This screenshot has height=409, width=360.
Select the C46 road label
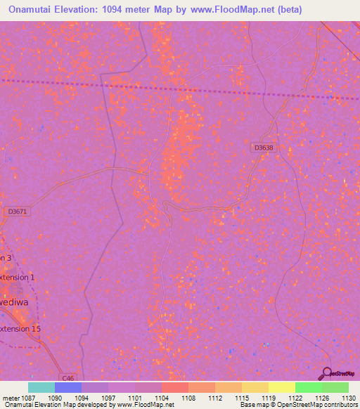pos(67,377)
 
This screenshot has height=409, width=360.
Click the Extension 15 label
pos(21,330)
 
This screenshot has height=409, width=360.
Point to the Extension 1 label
pos(18,278)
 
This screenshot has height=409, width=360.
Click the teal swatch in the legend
pos(41,387)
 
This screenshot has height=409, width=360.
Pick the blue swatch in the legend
pos(68,387)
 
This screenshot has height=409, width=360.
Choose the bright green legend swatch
pos(308,387)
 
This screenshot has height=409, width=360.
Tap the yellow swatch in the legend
pos(281,387)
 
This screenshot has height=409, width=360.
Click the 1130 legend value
pos(347,398)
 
